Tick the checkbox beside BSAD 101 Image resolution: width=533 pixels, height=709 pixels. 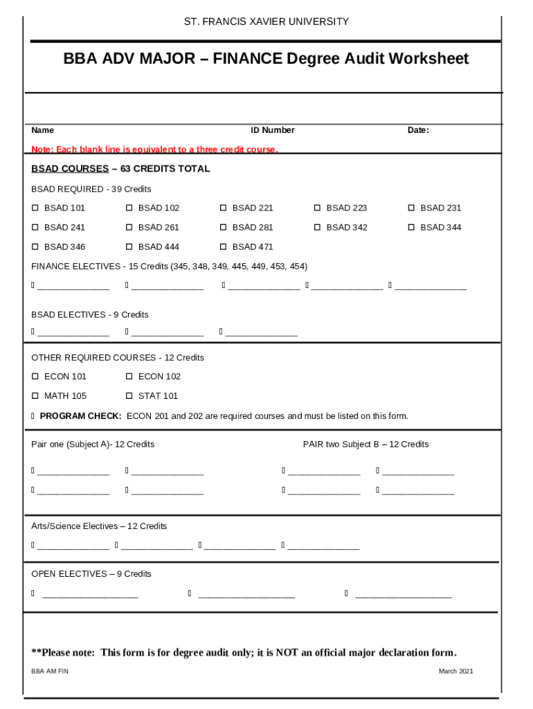coord(35,208)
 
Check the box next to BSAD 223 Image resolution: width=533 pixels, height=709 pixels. coord(318,208)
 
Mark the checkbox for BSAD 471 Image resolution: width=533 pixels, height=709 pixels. coord(224,246)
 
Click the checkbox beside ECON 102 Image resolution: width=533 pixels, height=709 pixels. coord(129,377)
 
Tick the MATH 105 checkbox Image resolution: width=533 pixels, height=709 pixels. coord(35,396)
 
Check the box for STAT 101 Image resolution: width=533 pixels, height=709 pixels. coord(129,396)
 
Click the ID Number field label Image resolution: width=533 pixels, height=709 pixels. coord(272,130)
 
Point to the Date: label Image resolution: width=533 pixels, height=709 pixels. coord(418,130)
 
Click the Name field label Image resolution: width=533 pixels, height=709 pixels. coord(42,130)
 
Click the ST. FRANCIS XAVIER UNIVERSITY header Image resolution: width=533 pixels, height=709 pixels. coord(266,21)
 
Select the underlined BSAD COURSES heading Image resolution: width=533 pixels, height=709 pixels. coord(70,169)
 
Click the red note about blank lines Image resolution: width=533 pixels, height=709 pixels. coord(154,150)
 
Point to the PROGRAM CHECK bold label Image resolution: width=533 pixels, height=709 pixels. coord(80,416)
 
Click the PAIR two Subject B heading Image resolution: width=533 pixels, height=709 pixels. coord(365,445)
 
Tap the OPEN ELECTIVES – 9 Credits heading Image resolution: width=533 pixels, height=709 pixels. coord(91,574)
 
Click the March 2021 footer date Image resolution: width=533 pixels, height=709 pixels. coord(455,672)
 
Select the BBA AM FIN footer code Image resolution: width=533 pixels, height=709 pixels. coord(50,672)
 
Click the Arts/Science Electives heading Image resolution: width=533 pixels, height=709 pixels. coord(99,526)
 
